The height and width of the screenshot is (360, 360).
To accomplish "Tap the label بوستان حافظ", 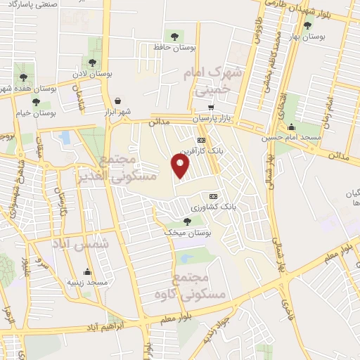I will tap(174, 47).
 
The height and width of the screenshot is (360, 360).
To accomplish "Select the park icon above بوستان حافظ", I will tap(174, 36).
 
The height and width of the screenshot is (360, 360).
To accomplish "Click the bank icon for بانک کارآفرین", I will tap(202, 140).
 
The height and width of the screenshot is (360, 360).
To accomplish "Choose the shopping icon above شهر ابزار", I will tap(117, 101).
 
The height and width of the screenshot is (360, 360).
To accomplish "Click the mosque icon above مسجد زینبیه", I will tap(88, 271).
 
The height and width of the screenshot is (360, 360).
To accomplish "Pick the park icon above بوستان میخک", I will tap(186, 221).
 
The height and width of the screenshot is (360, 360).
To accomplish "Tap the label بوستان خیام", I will tap(35, 112).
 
